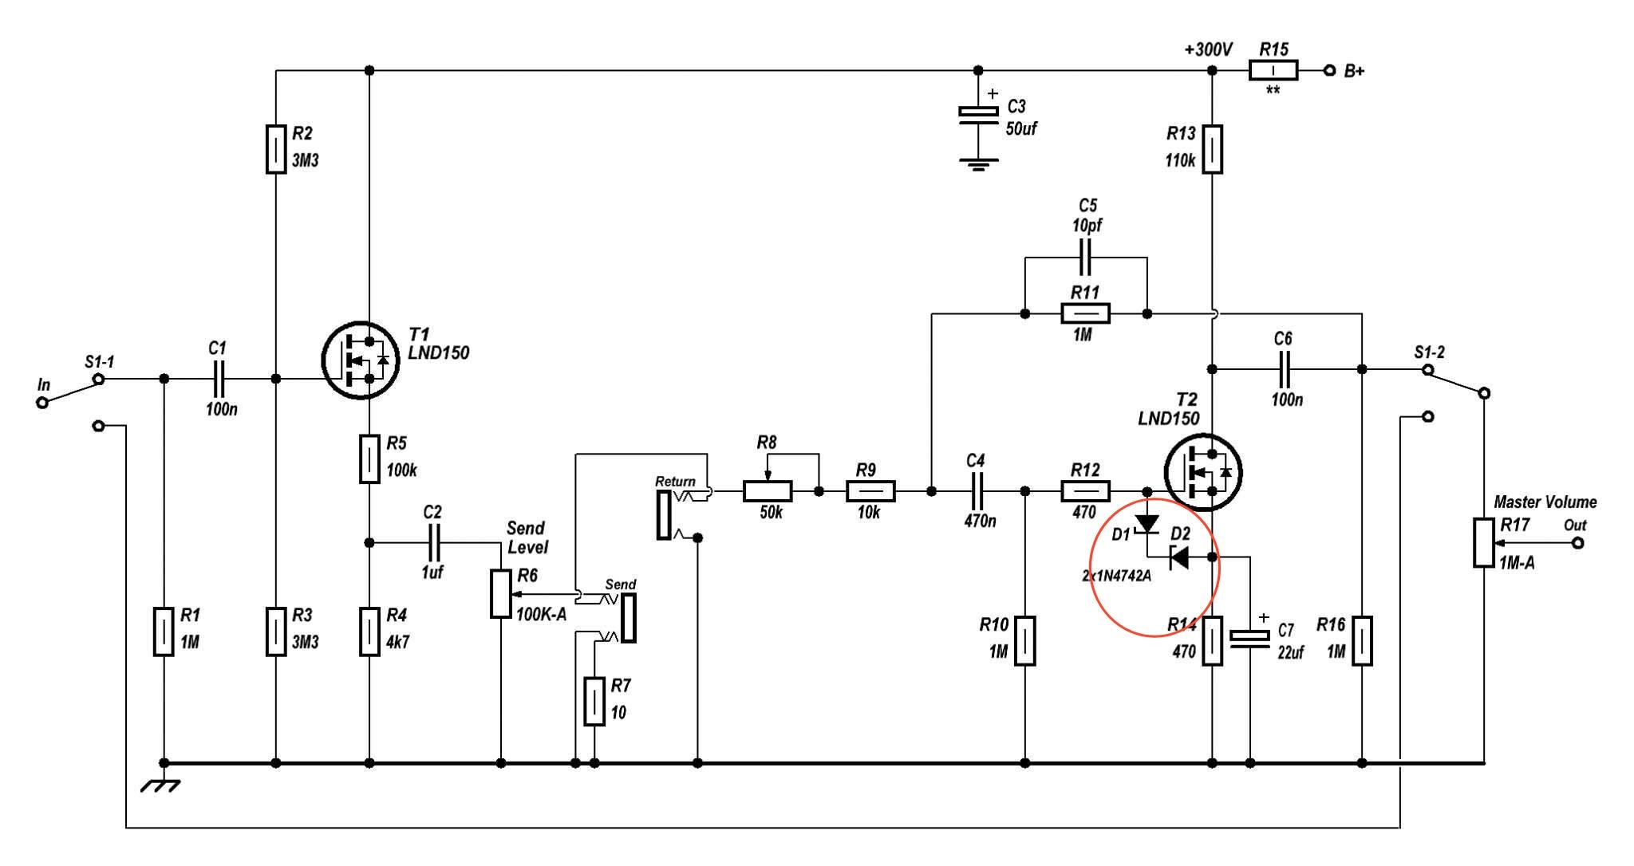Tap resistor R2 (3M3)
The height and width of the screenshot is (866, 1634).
coord(275,149)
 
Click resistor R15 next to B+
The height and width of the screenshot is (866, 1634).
coord(1273,71)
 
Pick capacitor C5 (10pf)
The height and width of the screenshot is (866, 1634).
coord(1086,258)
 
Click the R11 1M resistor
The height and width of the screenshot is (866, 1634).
coord(1085,313)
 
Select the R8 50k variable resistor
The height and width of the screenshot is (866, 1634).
coord(768,490)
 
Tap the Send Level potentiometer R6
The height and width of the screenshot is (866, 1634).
coord(500,594)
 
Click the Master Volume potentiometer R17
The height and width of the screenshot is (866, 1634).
coord(1483,543)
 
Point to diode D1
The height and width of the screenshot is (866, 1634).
coord(1147,524)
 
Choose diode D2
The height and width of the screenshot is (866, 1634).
coord(1179,557)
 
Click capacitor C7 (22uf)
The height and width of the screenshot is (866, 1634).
coord(1249,639)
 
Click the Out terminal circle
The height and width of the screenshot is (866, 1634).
coord(1577,543)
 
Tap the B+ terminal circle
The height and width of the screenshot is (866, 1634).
coord(1329,71)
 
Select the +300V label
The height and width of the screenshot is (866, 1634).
coord(1209,49)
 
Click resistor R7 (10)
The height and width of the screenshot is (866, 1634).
coord(594,701)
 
